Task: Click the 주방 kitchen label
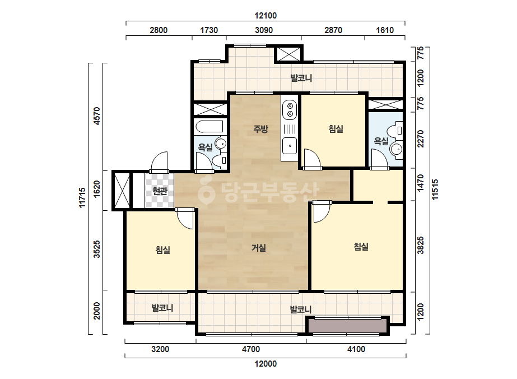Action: pyautogui.click(x=260, y=129)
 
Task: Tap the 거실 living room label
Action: pyautogui.click(x=259, y=248)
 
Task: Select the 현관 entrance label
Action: pyautogui.click(x=160, y=191)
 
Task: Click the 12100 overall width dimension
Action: pyautogui.click(x=266, y=16)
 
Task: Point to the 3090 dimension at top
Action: pyautogui.click(x=264, y=30)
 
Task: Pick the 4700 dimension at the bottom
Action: pyautogui.click(x=251, y=349)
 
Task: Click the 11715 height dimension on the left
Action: pyautogui.click(x=82, y=198)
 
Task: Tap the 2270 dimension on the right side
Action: pyautogui.click(x=421, y=138)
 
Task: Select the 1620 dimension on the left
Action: pyautogui.click(x=97, y=189)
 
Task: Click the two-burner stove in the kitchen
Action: pyautogui.click(x=290, y=110)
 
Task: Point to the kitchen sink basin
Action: pyautogui.click(x=290, y=146)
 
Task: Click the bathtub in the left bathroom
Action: pyautogui.click(x=209, y=127)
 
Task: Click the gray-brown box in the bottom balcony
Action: pyautogui.click(x=347, y=326)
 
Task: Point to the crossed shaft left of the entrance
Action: pyautogui.click(x=122, y=190)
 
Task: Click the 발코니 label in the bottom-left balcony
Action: pyautogui.click(x=162, y=308)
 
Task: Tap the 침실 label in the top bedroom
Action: pyautogui.click(x=336, y=129)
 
